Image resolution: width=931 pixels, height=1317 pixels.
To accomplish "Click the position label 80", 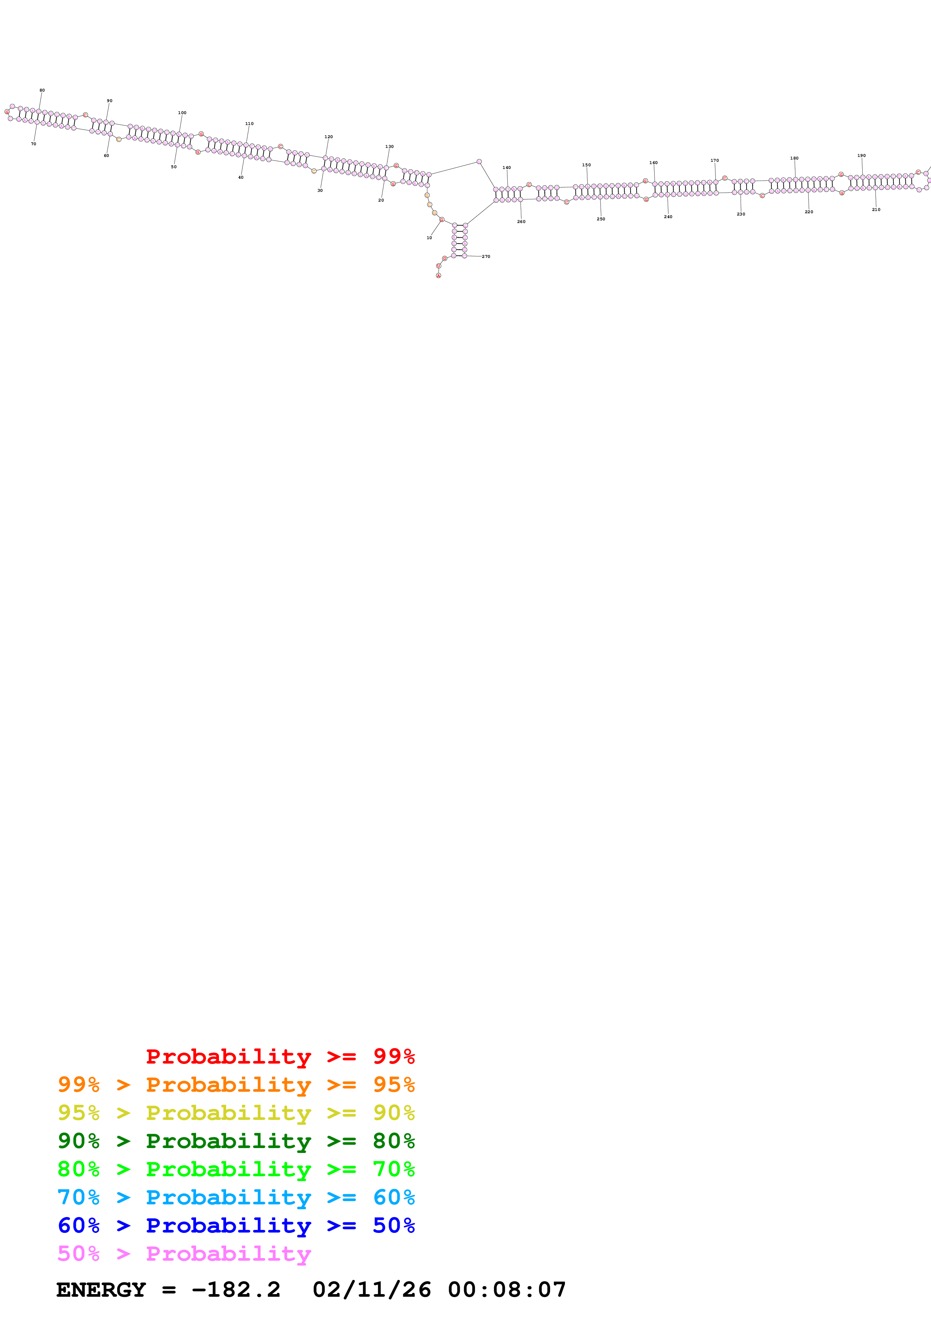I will [x=42, y=90].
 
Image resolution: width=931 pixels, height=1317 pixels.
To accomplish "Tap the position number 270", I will [x=486, y=256].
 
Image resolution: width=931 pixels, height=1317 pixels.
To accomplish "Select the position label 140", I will [x=507, y=167].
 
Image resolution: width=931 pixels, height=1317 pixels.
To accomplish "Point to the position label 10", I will [x=429, y=238].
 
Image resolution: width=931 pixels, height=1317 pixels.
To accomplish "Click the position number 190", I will [x=861, y=155].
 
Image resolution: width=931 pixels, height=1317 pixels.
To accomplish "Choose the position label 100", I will [x=182, y=112].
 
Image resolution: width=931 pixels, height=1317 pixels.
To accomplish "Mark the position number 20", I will [x=381, y=200].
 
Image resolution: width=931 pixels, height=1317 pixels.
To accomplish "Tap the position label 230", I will [x=741, y=214].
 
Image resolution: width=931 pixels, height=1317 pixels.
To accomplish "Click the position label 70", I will [x=33, y=144].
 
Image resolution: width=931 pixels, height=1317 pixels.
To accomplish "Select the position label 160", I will [x=653, y=162].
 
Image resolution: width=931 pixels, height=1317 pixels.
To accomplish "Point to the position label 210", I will [x=876, y=209].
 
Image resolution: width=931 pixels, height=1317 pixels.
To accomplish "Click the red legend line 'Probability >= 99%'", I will [x=280, y=1056].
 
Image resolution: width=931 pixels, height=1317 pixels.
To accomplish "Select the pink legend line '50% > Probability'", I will [x=184, y=1253].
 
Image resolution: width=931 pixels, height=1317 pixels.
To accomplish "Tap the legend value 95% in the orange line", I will [x=394, y=1084].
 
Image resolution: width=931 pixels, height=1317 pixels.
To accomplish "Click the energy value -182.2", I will [x=236, y=1290].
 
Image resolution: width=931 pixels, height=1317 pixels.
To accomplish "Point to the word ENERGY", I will [x=101, y=1290].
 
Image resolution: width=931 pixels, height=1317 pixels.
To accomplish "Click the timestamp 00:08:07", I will [x=507, y=1290].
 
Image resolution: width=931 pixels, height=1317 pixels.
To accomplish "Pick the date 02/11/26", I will [x=372, y=1290].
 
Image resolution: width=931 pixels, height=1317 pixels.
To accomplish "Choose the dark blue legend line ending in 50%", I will [x=236, y=1225].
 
